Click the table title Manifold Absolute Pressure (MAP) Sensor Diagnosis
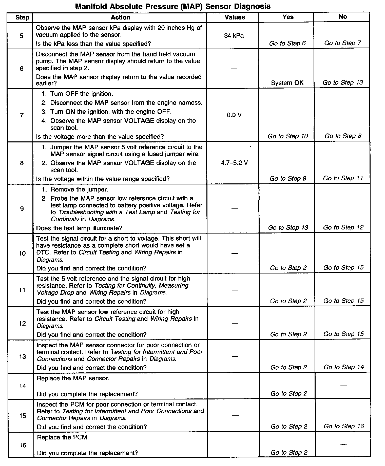(x=173, y=6)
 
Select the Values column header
(x=235, y=17)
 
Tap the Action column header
(x=120, y=17)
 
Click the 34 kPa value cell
(x=234, y=36)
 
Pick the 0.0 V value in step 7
(x=234, y=115)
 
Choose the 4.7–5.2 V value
(x=234, y=163)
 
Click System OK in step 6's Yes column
(x=287, y=83)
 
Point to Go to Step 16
(x=344, y=426)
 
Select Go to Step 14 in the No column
(x=343, y=367)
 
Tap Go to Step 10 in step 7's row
(x=287, y=136)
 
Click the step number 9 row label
(x=22, y=209)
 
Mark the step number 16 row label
(x=23, y=445)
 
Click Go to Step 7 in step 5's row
(x=343, y=43)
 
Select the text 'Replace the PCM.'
(x=63, y=437)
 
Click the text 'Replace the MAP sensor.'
(x=73, y=378)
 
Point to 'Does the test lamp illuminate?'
(x=79, y=228)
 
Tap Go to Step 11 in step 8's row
(x=343, y=178)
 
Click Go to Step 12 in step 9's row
(x=343, y=227)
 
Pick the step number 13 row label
(x=23, y=356)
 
